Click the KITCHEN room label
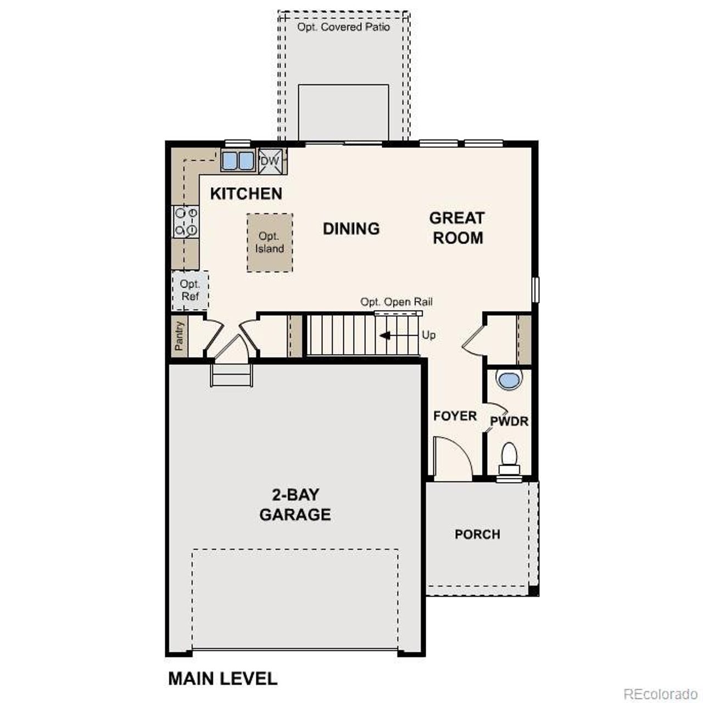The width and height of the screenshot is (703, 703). [246, 193]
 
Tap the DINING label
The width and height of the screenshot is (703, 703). [351, 228]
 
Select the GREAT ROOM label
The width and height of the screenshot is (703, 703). [457, 227]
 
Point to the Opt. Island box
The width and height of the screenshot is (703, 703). [269, 242]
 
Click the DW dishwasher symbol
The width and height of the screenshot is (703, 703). [270, 161]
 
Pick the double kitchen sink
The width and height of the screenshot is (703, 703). [238, 161]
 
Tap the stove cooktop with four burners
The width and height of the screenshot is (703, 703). [185, 221]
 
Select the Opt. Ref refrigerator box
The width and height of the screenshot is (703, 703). [190, 290]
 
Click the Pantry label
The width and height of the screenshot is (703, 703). [179, 336]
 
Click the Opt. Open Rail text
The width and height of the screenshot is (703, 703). [396, 302]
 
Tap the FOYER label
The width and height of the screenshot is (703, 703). [455, 416]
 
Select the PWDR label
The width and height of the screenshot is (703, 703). [509, 421]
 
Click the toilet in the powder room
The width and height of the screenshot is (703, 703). [509, 457]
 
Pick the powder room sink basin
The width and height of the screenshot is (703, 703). [508, 380]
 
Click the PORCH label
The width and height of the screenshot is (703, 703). [477, 534]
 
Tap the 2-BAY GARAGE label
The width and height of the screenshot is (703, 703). [295, 505]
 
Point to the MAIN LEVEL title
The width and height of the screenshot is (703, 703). [222, 678]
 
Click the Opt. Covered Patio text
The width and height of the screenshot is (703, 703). [344, 27]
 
